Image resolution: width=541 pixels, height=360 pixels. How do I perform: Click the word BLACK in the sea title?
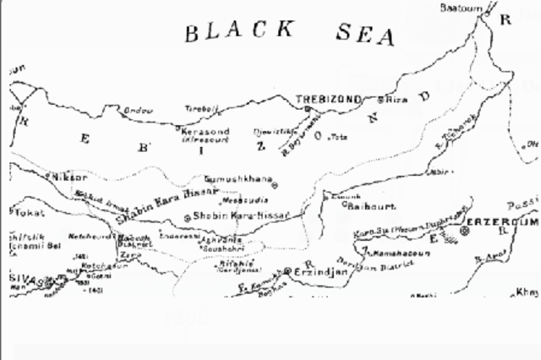click(x=239, y=32)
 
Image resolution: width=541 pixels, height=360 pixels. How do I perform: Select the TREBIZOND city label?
click(x=328, y=100)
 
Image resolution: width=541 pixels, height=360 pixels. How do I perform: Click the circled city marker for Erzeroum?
click(x=465, y=230)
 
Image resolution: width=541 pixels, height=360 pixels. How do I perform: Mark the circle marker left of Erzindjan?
click(x=287, y=271)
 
